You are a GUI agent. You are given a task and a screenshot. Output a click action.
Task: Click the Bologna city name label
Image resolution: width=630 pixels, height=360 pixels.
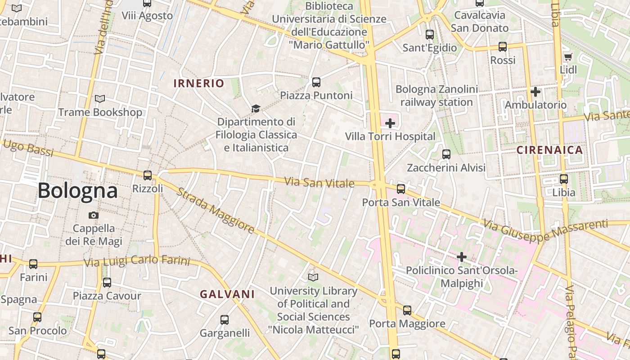point(77,191)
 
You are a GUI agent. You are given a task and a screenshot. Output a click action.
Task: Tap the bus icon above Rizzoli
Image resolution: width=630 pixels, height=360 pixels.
point(148,175)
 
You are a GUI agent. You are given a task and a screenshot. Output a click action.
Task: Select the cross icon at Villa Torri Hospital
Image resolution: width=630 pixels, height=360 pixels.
point(390,123)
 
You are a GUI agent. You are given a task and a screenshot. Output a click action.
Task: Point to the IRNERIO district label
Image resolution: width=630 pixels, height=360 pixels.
point(198,83)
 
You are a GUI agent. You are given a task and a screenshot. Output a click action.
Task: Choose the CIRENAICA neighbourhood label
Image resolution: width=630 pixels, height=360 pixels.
point(549,150)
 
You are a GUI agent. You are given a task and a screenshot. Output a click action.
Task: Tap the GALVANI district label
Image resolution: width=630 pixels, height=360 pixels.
point(227,294)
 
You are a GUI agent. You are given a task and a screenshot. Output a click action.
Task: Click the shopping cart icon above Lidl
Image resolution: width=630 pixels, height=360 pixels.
point(568,57)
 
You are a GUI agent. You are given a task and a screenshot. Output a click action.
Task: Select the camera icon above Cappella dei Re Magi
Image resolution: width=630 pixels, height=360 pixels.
point(94,215)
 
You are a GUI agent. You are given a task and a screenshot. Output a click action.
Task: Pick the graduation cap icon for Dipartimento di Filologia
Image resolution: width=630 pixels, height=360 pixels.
point(256,108)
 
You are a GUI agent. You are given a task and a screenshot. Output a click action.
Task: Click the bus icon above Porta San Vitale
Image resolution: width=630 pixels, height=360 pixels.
point(401,189)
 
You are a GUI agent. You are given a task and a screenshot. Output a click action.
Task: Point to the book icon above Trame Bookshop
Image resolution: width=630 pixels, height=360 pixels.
point(100,99)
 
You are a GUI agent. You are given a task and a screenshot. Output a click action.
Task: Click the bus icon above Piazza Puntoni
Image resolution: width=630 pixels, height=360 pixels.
point(316,82)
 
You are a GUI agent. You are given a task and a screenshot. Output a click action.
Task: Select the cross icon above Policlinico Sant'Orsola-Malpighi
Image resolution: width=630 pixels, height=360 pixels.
point(462,257)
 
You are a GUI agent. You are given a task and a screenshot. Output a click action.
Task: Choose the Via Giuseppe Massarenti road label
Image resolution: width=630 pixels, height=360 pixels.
point(545,230)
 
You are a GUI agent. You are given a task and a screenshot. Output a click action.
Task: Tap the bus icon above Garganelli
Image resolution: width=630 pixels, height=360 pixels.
point(225,320)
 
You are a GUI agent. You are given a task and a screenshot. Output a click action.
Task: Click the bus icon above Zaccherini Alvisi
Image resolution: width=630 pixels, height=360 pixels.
point(446,154)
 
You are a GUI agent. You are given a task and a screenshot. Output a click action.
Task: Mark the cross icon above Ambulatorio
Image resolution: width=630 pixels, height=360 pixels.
point(535,92)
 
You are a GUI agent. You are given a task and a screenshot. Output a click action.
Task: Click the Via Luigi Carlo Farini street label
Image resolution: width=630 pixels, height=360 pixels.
point(137,261)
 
